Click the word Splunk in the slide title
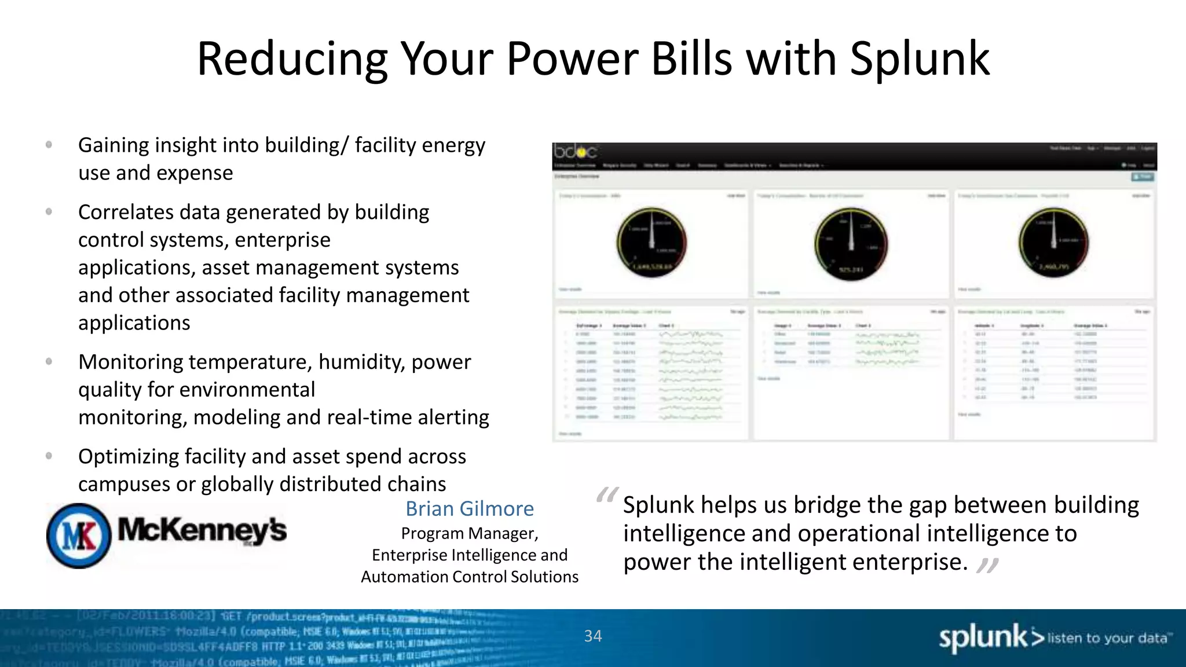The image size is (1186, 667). (920, 59)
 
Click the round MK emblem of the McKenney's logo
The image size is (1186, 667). (79, 536)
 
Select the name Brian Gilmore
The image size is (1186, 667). (470, 508)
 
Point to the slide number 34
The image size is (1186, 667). (593, 636)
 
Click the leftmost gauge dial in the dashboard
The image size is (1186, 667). (651, 243)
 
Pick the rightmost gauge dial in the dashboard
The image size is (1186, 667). (1053, 243)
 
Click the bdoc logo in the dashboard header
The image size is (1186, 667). (575, 152)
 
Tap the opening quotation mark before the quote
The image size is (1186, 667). (607, 496)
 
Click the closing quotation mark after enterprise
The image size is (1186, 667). (987, 565)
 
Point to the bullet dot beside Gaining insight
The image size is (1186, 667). (49, 145)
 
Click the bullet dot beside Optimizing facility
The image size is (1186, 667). (49, 456)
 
